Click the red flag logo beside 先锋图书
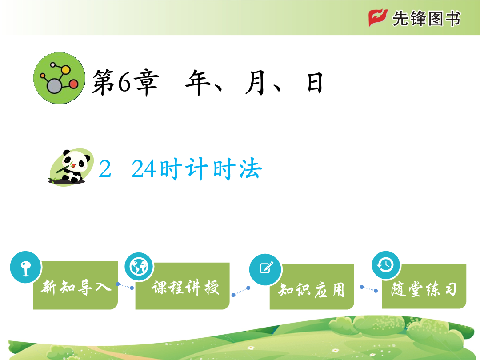378,18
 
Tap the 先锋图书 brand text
426,19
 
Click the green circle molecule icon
60,78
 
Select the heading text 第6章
125,82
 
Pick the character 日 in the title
315,83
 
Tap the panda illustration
72,167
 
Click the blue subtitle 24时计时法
197,169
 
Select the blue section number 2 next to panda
105,169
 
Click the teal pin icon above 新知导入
26,267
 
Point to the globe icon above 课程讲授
139,267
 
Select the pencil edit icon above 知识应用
266,269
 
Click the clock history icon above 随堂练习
386,265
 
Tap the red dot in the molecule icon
74,84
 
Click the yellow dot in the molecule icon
65,70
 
